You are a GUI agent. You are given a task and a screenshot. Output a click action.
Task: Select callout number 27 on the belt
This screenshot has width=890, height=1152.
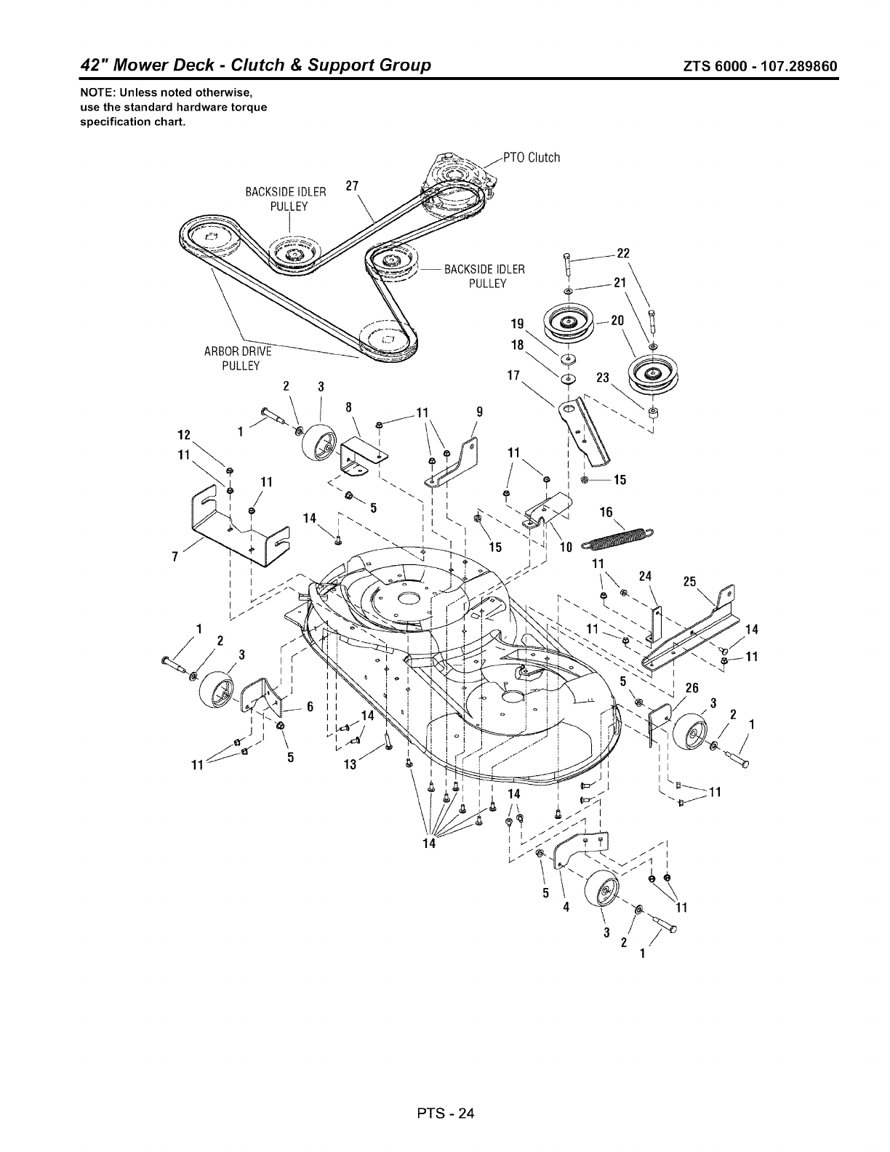pyautogui.click(x=353, y=186)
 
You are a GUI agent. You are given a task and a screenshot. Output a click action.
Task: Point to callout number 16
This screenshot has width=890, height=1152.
pyautogui.click(x=606, y=513)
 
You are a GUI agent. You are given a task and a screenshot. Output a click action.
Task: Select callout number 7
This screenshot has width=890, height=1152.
pyautogui.click(x=175, y=558)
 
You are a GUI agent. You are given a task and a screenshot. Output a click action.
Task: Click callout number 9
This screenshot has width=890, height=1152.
pyautogui.click(x=479, y=411)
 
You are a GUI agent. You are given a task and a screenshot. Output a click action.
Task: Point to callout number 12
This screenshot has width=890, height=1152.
pyautogui.click(x=183, y=435)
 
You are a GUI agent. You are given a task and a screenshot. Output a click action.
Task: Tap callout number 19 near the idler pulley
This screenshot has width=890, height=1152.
pyautogui.click(x=518, y=324)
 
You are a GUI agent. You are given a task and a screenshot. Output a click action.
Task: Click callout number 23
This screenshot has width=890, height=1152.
pyautogui.click(x=602, y=378)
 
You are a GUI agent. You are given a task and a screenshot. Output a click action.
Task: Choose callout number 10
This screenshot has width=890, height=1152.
pyautogui.click(x=566, y=546)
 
